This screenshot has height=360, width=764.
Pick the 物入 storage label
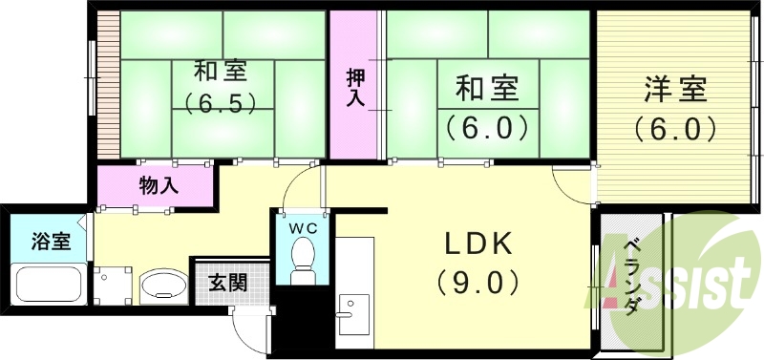(159, 184)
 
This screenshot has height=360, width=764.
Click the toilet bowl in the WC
(302, 257)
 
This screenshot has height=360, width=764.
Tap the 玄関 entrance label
(228, 284)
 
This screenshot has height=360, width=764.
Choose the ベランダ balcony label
(631, 277)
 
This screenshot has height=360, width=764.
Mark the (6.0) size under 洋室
(673, 128)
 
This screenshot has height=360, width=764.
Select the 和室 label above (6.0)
(486, 89)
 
